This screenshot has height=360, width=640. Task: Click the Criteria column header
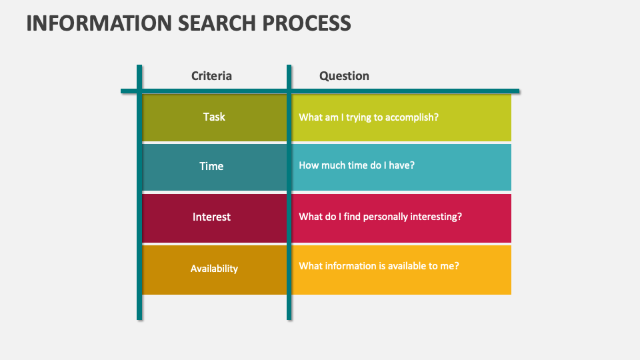coord(211,76)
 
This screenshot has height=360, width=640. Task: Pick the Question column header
coord(344,76)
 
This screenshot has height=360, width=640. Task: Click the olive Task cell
coord(214,117)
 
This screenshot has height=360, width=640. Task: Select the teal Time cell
coord(211,166)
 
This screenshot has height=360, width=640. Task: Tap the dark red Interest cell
coord(211,217)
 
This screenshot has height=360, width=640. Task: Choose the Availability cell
coord(214,269)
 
